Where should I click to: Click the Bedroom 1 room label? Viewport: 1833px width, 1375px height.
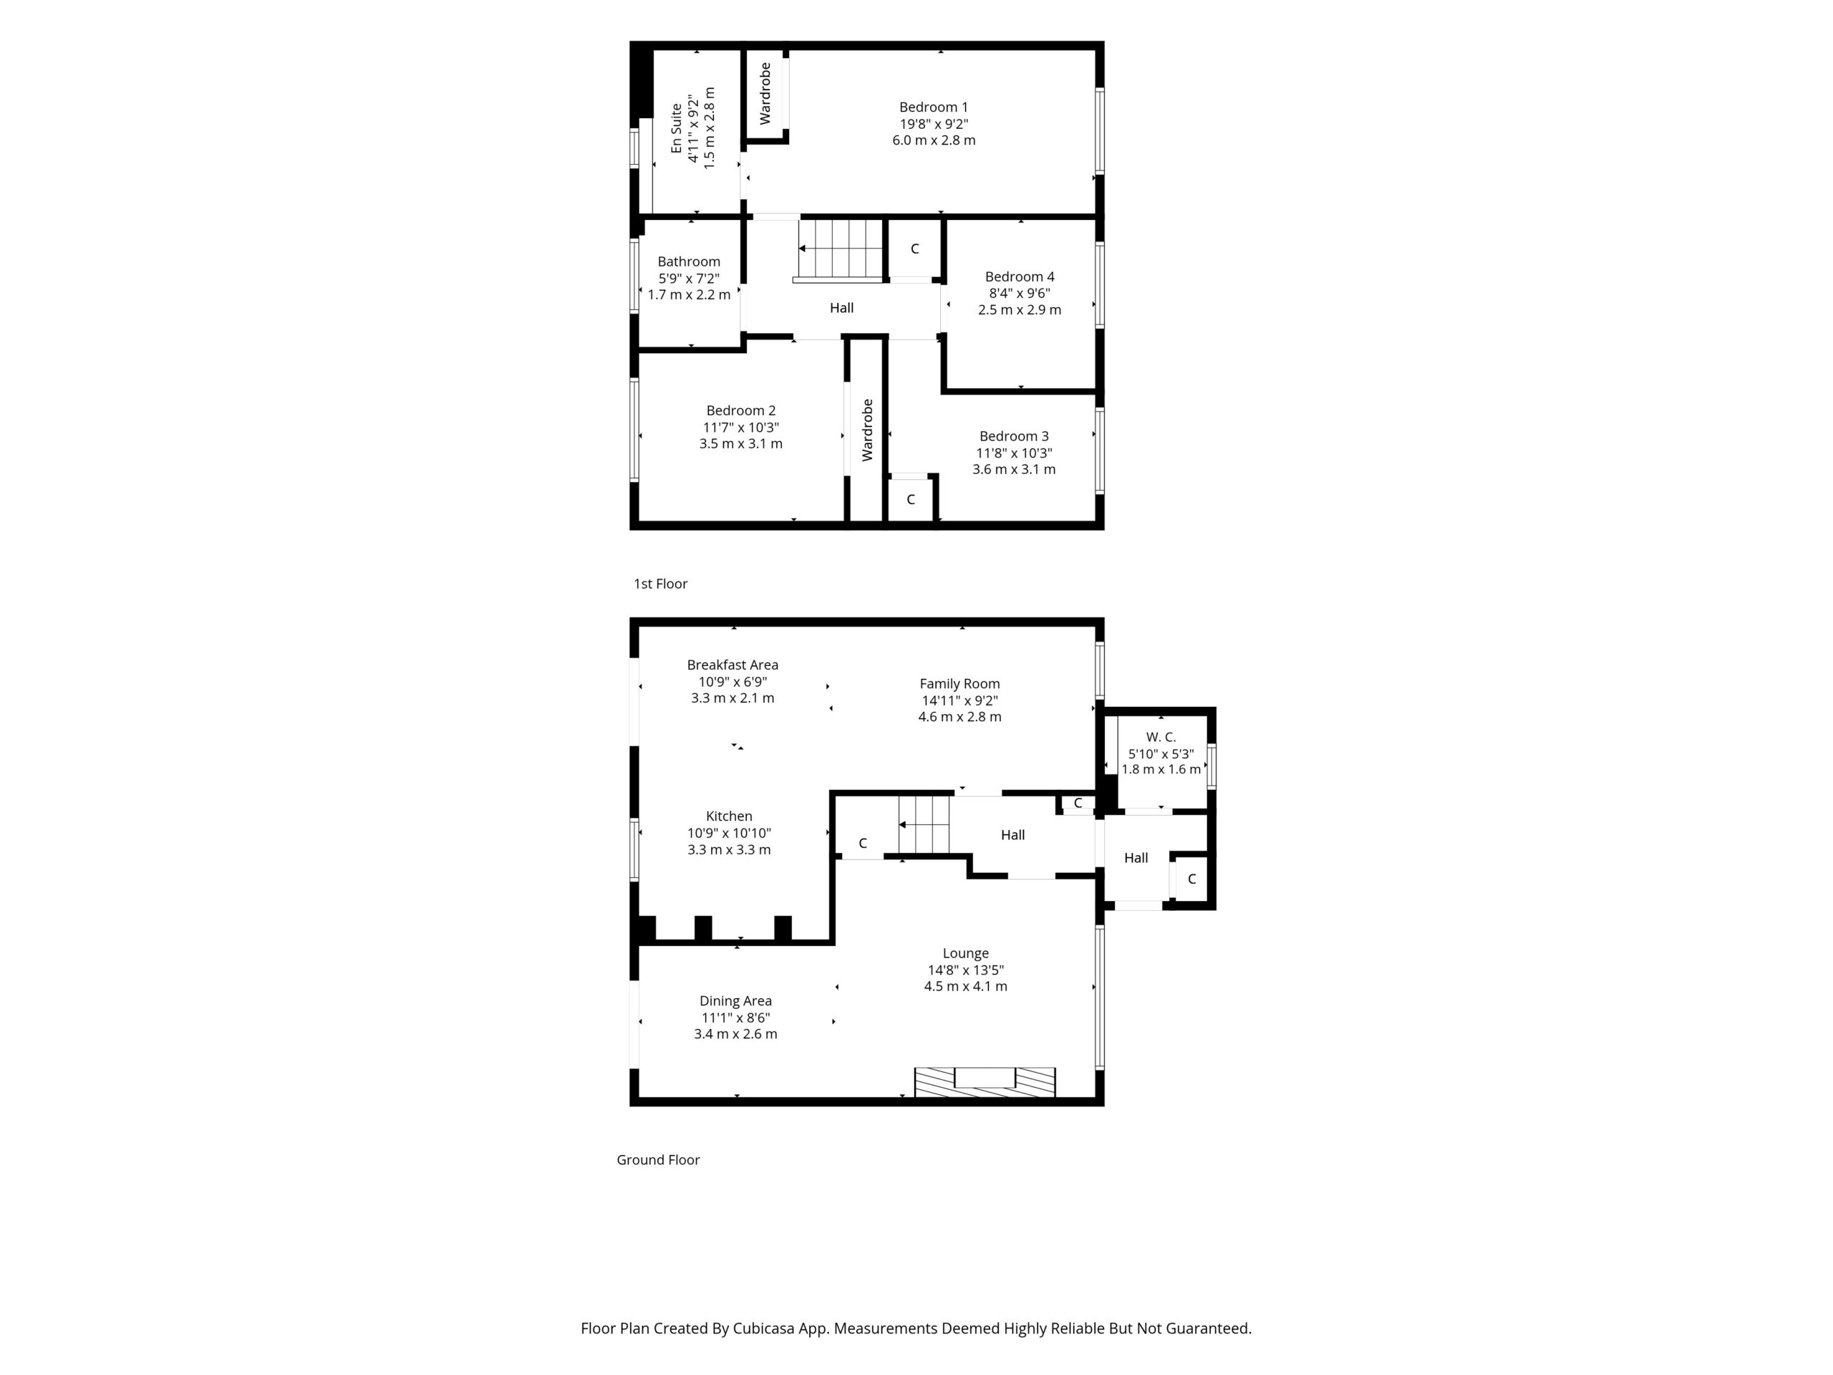coord(933,107)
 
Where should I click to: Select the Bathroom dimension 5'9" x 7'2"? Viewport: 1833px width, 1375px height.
coord(689,279)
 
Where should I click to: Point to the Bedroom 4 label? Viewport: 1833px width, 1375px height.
coord(1020,277)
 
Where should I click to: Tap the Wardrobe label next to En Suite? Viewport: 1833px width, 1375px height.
coord(765,94)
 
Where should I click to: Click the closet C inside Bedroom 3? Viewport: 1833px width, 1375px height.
coord(911,500)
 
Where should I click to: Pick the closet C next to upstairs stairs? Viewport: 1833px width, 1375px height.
coord(915,249)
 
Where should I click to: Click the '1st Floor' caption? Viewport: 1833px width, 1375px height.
coord(660,584)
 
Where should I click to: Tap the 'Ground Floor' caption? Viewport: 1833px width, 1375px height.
coord(658,1159)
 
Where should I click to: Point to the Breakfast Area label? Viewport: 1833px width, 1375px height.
coord(732,665)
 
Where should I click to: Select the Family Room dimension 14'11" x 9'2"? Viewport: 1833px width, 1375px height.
coord(959,700)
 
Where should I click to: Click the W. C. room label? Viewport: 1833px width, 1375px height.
coord(1161,737)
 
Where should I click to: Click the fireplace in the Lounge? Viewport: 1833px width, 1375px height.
coord(985,1081)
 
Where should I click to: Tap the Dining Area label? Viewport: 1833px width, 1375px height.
coord(735,1000)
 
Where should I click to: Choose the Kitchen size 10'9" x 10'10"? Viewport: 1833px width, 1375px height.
coord(729,833)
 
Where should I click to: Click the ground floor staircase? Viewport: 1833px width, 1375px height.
coord(924,825)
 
